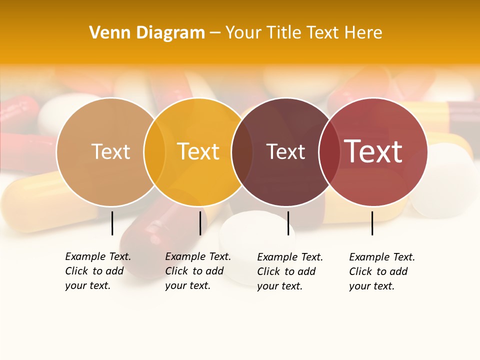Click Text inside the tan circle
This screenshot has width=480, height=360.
110,151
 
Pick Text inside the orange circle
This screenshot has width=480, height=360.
198,151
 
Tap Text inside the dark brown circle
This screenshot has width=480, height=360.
285,151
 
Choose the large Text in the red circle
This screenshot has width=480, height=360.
373,151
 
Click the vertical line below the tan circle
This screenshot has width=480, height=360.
112,223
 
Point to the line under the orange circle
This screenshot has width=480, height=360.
200,223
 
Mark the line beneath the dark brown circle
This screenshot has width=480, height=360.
288,223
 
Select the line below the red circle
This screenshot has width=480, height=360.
372,223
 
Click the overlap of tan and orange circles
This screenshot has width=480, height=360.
154,151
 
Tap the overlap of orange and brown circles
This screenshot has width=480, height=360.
242,151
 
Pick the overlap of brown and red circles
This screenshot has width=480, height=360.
329,151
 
